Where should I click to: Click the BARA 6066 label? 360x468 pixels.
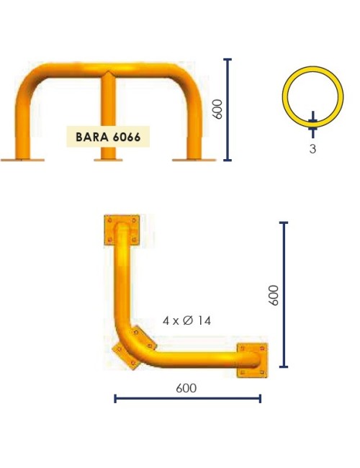click(x=108, y=135)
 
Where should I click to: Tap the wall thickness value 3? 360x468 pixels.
click(x=312, y=149)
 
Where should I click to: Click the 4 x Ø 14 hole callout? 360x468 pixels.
click(x=186, y=320)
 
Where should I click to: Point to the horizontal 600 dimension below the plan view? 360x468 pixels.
click(x=186, y=388)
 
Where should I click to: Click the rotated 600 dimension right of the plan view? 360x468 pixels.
click(x=274, y=295)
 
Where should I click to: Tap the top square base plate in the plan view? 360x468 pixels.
click(x=121, y=229)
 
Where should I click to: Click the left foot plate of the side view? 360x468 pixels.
click(x=22, y=159)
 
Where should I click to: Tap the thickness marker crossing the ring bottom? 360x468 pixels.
click(x=312, y=123)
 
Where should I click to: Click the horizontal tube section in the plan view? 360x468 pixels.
click(x=194, y=358)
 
